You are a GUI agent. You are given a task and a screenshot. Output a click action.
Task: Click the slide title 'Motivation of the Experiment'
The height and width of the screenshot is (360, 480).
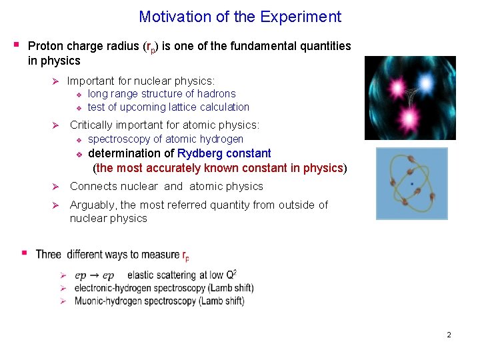(x=240, y=17)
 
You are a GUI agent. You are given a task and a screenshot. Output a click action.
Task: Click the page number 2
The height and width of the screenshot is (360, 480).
(x=449, y=335)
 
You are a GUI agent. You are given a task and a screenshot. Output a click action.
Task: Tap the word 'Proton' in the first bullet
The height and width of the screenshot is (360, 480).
(x=46, y=46)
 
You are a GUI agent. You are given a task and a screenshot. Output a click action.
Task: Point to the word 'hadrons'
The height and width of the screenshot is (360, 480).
(x=217, y=94)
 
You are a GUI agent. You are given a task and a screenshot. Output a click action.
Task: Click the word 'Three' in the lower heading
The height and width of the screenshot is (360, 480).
(x=49, y=254)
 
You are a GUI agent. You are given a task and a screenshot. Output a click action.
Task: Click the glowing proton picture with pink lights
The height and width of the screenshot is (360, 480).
(x=410, y=97)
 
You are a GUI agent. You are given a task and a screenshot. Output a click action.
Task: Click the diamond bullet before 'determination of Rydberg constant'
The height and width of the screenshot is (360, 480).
(x=78, y=154)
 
